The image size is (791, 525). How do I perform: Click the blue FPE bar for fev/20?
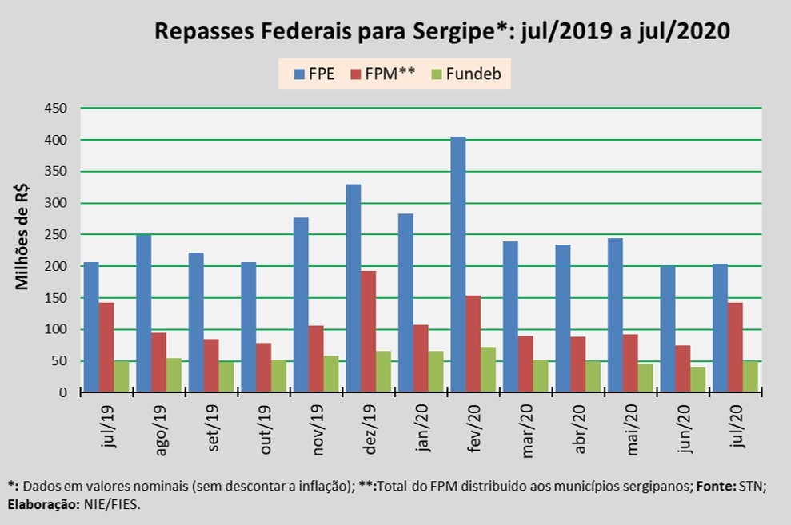(x=457, y=264)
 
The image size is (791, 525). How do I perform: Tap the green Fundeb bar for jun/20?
(x=698, y=380)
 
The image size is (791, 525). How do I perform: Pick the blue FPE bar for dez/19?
(x=353, y=288)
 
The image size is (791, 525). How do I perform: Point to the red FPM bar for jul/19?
(x=106, y=348)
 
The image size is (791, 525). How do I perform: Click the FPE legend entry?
(x=314, y=74)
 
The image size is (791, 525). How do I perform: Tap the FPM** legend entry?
(x=382, y=74)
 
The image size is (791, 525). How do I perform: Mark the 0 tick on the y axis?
(x=67, y=392)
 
